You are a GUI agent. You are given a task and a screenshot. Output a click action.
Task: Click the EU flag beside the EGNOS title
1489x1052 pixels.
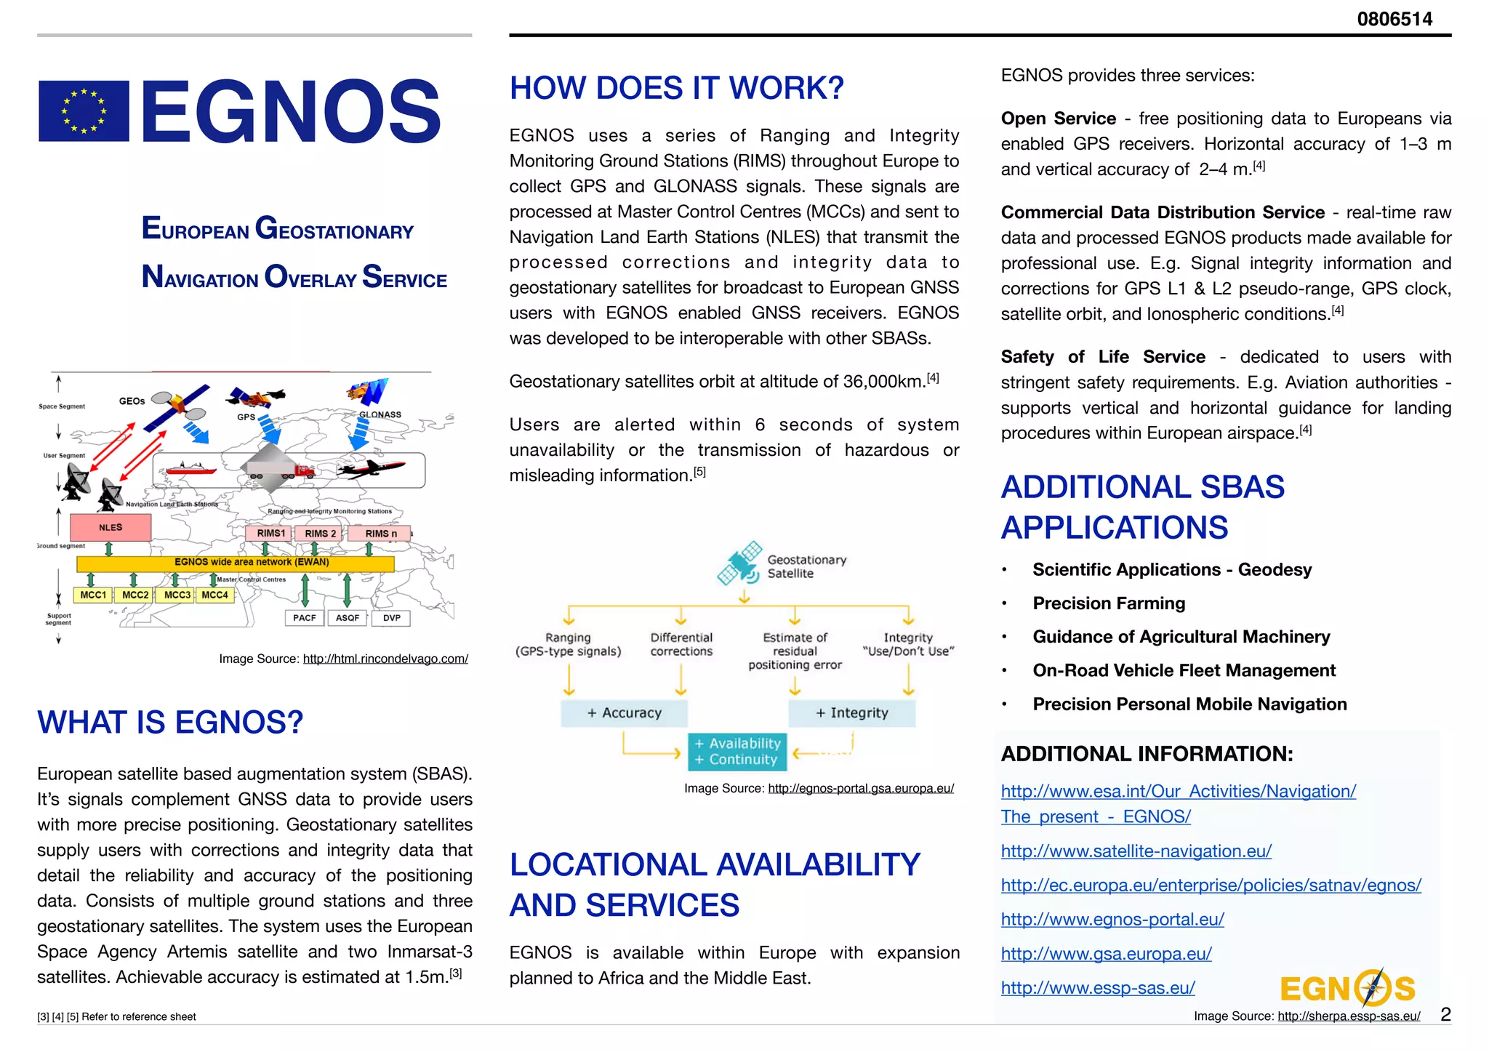click(x=84, y=111)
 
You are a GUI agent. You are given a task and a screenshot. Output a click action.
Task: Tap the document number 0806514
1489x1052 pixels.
click(x=1394, y=19)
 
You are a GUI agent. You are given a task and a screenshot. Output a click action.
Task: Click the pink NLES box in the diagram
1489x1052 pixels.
click(x=111, y=527)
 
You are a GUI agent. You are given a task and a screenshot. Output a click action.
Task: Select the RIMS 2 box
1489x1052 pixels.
click(x=320, y=533)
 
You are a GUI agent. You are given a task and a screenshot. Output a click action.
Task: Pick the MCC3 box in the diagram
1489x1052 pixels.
click(x=177, y=595)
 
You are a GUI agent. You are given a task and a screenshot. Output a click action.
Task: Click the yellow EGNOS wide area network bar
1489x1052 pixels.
click(x=236, y=563)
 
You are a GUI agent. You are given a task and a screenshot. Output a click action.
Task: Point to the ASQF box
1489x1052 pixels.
click(x=348, y=618)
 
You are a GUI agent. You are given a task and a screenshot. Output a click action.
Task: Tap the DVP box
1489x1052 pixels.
click(x=392, y=618)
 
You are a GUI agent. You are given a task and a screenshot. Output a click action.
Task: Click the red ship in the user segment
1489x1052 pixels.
click(x=190, y=469)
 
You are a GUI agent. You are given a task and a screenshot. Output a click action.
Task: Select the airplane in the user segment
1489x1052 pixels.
click(x=372, y=469)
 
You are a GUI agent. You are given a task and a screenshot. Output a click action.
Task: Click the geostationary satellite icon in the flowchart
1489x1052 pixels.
click(x=740, y=563)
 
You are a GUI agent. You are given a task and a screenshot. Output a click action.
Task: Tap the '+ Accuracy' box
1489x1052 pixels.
click(x=624, y=713)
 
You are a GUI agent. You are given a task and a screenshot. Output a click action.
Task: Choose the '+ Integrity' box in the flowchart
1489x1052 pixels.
click(x=851, y=713)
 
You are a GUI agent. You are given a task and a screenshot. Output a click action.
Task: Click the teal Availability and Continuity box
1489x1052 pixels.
click(x=737, y=752)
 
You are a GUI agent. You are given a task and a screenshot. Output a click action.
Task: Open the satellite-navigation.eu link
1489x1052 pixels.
click(x=1136, y=851)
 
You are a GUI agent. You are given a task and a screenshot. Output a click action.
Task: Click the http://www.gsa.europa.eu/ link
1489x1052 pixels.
click(x=1106, y=953)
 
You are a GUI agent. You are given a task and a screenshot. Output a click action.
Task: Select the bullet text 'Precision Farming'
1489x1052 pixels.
click(x=1109, y=603)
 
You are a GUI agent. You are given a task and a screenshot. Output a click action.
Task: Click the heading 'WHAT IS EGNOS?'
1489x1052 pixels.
click(x=170, y=723)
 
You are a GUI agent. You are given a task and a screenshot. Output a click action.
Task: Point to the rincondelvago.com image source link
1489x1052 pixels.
click(x=385, y=659)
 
